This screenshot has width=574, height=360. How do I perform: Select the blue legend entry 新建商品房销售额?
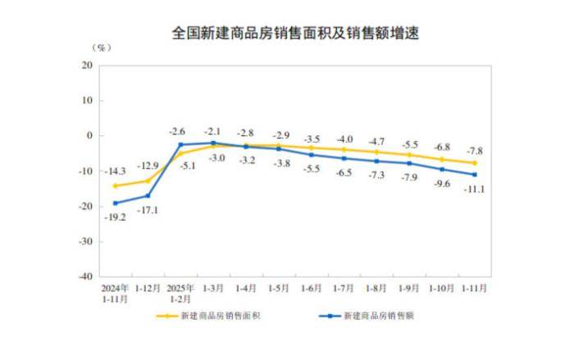tap(377, 315)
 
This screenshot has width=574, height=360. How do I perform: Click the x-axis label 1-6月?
tap(311, 288)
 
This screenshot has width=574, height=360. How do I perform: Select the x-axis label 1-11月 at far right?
tap(474, 288)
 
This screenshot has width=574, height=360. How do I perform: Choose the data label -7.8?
tap(475, 150)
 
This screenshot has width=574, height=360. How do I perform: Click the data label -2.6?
tap(179, 131)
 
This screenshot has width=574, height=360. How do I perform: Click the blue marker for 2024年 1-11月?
tap(115, 203)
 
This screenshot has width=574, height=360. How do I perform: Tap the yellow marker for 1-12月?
tap(148, 180)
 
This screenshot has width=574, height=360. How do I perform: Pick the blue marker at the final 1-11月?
tap(474, 175)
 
